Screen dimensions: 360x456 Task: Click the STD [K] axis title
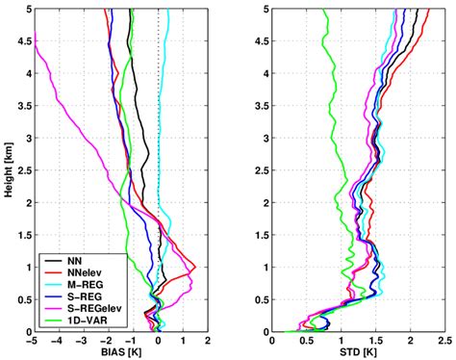356,353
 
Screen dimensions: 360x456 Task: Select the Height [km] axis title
9,169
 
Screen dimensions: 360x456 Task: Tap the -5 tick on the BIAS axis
32,341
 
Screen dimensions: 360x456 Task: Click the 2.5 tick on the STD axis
441,341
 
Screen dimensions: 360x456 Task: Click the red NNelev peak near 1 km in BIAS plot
195,267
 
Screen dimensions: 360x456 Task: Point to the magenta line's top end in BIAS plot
33,41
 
